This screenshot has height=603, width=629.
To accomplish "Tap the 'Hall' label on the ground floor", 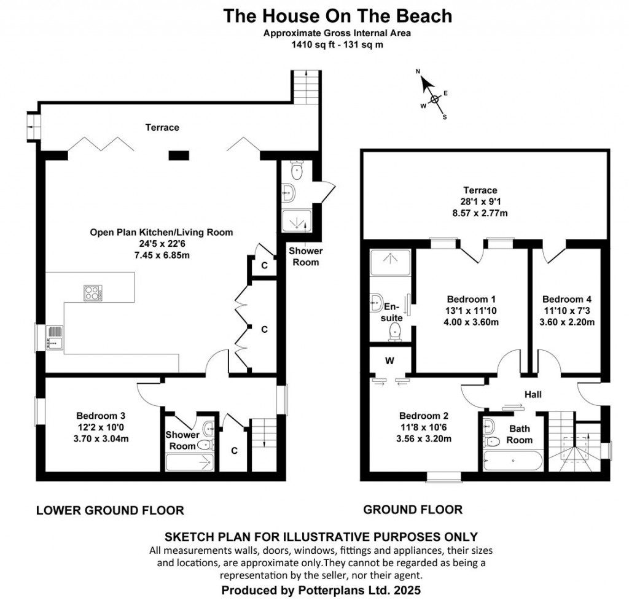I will tap(533, 394).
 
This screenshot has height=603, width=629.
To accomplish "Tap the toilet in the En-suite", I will tap(394, 332).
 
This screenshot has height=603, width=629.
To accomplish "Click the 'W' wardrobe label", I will tap(389, 361).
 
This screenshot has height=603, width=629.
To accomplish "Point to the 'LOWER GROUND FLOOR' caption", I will tap(110, 510).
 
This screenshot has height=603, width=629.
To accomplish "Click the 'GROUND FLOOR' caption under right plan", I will tap(413, 509).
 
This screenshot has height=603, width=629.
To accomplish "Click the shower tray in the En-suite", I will tap(391, 262).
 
